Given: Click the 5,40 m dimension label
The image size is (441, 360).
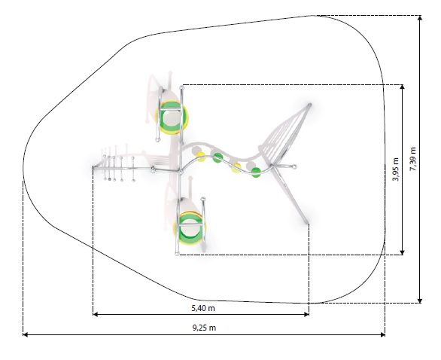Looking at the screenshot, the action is (203, 308).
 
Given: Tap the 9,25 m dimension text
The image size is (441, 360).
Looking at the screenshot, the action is (204, 328).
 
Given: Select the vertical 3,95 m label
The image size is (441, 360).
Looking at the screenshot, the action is (396, 169).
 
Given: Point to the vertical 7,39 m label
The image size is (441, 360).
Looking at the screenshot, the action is (413, 159).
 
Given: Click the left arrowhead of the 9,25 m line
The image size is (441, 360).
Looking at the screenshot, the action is (25, 334).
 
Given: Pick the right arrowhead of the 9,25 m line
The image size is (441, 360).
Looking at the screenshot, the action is (383, 334).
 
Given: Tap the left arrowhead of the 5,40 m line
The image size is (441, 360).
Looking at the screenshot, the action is (95, 314).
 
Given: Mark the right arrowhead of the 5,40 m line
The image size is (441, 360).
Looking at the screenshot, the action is (306, 314).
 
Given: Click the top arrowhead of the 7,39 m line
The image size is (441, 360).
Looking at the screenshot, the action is (420, 18).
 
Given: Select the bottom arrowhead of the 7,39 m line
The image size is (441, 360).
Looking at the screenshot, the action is (420, 301).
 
